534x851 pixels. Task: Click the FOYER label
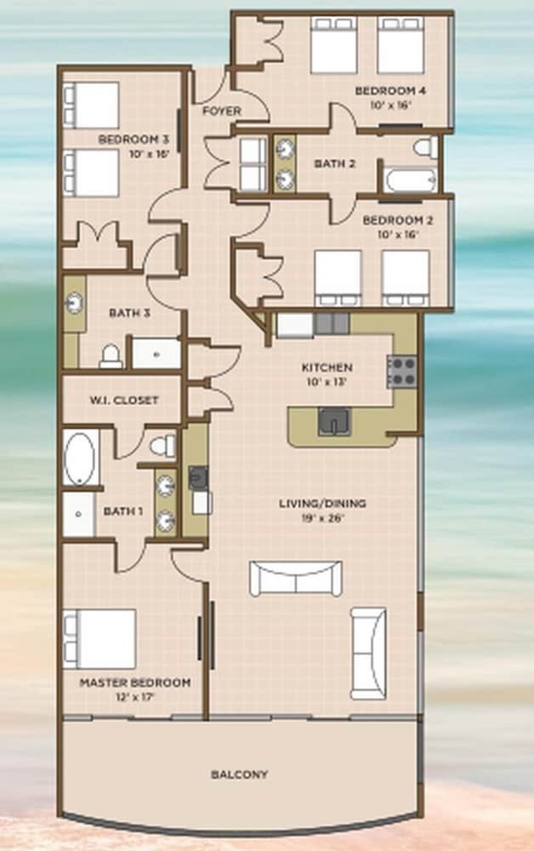pyautogui.click(x=222, y=111)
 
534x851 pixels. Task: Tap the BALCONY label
pyautogui.click(x=239, y=774)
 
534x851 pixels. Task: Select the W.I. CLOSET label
pyautogui.click(x=124, y=401)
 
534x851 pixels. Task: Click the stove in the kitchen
pyautogui.click(x=401, y=371)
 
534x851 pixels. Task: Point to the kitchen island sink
pyautogui.click(x=334, y=421)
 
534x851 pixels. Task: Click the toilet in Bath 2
pyautogui.click(x=425, y=147)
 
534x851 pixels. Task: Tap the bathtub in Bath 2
pyautogui.click(x=411, y=180)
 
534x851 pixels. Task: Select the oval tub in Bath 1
pyautogui.click(x=80, y=459)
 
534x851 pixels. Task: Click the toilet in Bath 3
pyautogui.click(x=111, y=356)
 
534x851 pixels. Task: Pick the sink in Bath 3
pyautogui.click(x=74, y=303)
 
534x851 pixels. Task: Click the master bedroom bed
pyautogui.click(x=99, y=639)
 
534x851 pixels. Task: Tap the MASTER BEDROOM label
pyautogui.click(x=135, y=683)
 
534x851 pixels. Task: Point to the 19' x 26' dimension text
pyautogui.click(x=322, y=517)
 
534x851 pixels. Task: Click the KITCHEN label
pyautogui.click(x=327, y=368)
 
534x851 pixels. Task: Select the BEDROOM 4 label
pyautogui.click(x=390, y=91)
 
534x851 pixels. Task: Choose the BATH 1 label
pyautogui.click(x=123, y=511)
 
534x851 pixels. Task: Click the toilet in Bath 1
pyautogui.click(x=163, y=446)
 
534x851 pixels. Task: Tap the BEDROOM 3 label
pyautogui.click(x=133, y=140)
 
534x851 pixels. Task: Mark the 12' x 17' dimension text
pyautogui.click(x=135, y=697)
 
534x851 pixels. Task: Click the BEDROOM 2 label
pyautogui.click(x=398, y=220)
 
